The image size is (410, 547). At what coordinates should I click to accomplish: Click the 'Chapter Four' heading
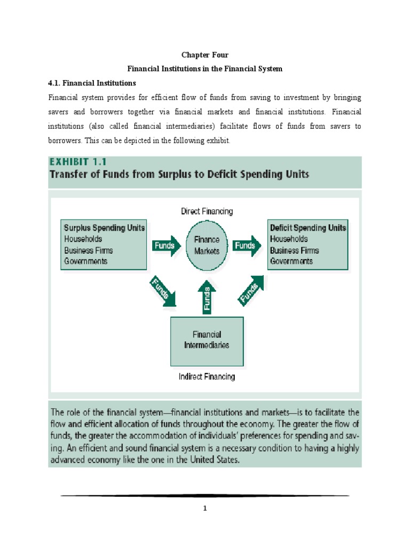point(204,54)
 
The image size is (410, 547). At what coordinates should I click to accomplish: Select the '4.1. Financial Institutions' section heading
point(92,83)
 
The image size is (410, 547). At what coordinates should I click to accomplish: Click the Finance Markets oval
point(207,246)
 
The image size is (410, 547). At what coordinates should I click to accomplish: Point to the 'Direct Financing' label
point(207,212)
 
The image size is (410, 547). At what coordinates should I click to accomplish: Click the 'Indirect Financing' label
point(207,377)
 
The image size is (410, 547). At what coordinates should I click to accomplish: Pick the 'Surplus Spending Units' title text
point(104,228)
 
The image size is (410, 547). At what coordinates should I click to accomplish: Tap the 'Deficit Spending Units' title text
point(308,228)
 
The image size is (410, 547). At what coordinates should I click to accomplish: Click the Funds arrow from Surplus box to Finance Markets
point(166,246)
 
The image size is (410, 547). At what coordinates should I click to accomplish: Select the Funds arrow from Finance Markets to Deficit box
point(247,246)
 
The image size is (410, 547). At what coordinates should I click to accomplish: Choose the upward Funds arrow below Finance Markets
point(207,298)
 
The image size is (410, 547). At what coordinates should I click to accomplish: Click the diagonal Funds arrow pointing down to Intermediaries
point(162,291)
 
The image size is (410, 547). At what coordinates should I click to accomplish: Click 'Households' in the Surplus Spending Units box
point(83,239)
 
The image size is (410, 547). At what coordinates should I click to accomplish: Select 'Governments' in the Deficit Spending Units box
point(291,261)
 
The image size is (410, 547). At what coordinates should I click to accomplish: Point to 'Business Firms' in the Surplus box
point(89,250)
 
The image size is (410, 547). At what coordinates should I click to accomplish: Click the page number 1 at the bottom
point(204,509)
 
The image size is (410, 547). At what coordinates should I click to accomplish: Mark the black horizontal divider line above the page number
point(204,496)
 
